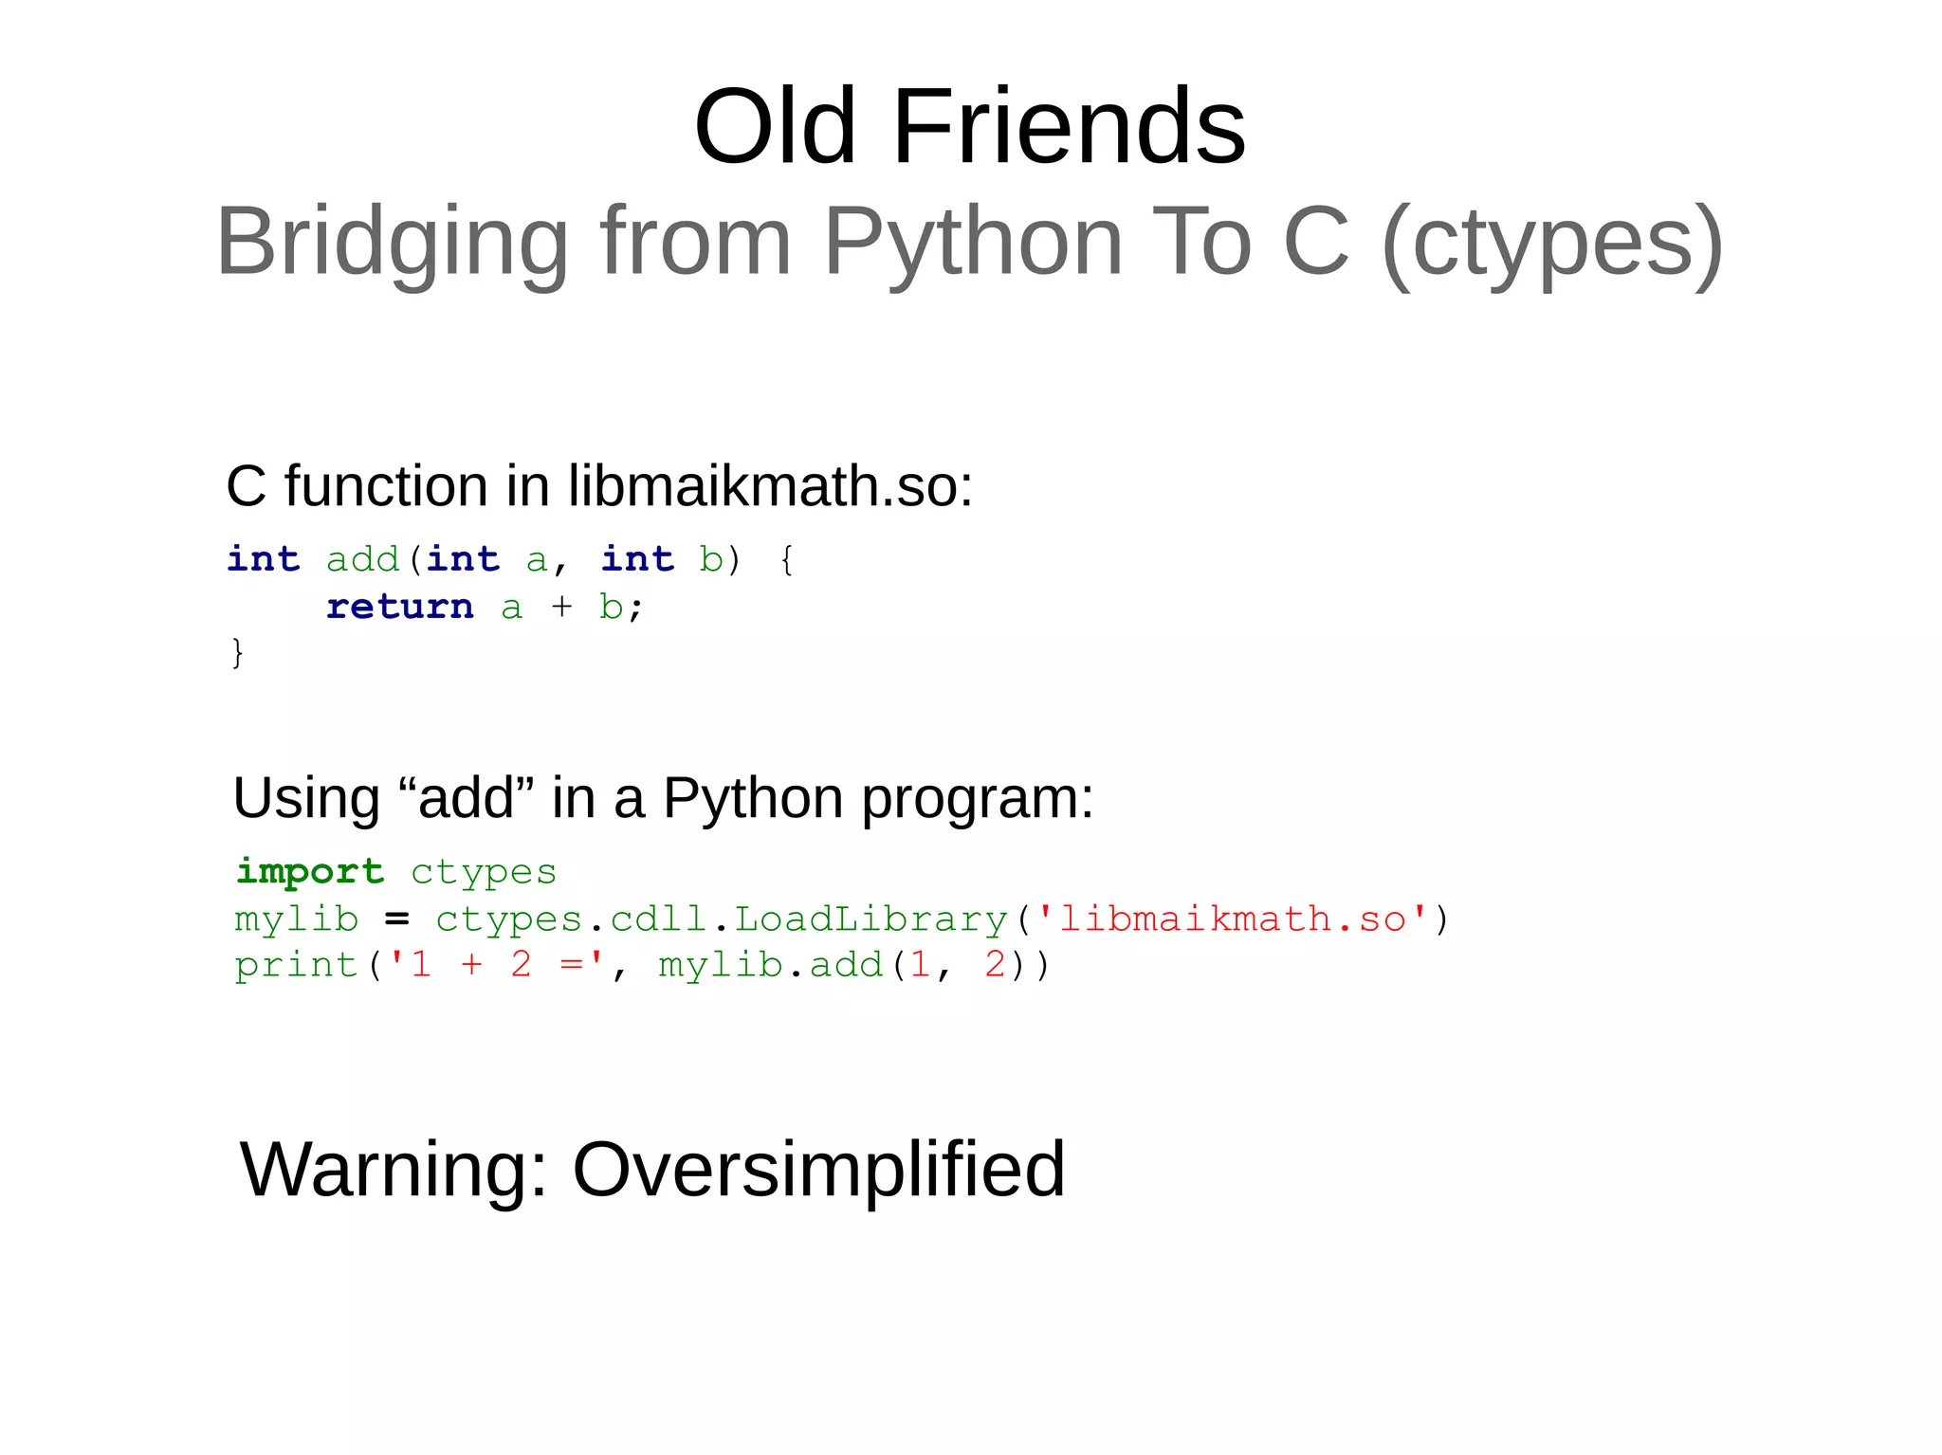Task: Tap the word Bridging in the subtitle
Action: click(x=392, y=242)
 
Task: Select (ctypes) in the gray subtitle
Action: click(x=1552, y=242)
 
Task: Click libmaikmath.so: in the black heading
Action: click(x=770, y=486)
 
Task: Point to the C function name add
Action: click(x=362, y=560)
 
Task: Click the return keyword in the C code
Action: click(x=399, y=607)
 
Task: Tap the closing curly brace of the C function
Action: click(x=237, y=653)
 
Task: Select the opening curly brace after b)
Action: click(x=787, y=560)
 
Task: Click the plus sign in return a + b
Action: click(x=561, y=607)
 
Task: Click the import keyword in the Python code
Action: click(x=310, y=872)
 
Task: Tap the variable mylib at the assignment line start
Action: click(x=296, y=919)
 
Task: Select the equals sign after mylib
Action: click(x=396, y=919)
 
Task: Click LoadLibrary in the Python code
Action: click(x=870, y=919)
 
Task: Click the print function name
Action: click(x=296, y=966)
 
